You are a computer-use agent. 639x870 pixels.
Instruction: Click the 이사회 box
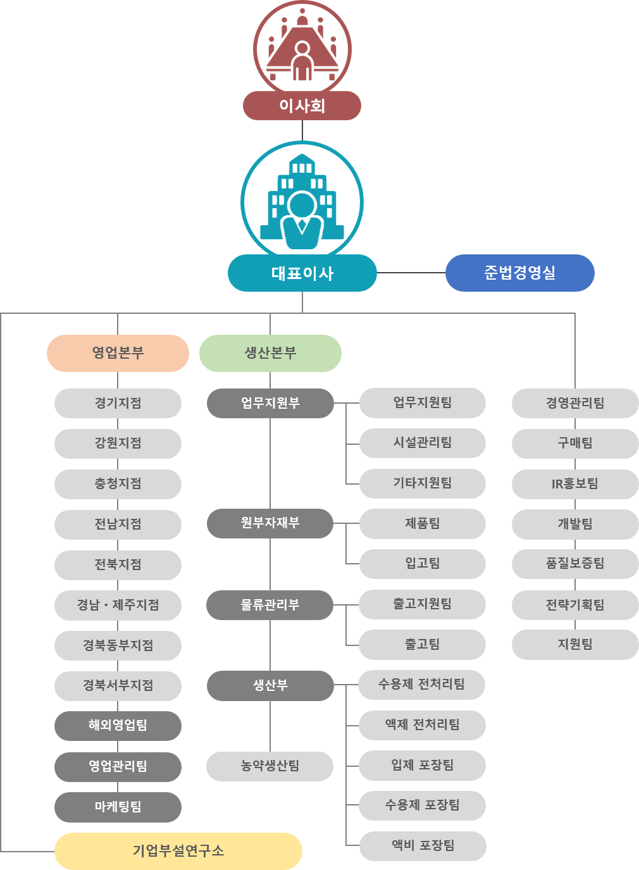click(302, 106)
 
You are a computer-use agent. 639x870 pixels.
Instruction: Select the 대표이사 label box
click(302, 273)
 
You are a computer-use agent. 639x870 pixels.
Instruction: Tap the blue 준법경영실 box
click(520, 273)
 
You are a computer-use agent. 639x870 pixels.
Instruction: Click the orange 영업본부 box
click(118, 353)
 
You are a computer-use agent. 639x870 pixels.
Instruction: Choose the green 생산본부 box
click(270, 353)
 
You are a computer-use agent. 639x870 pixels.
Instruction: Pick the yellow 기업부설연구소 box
click(178, 851)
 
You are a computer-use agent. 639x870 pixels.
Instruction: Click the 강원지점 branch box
click(118, 444)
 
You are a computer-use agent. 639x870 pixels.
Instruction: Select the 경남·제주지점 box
click(118, 605)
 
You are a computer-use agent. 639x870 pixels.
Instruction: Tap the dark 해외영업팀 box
click(118, 726)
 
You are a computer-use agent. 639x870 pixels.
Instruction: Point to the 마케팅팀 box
click(118, 807)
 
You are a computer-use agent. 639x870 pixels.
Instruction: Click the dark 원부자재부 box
click(270, 523)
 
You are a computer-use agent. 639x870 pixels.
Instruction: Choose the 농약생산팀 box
click(270, 766)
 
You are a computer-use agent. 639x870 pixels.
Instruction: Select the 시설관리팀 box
click(422, 443)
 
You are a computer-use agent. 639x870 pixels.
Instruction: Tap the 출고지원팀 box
click(422, 604)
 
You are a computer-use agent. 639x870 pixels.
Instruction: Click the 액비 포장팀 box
click(423, 847)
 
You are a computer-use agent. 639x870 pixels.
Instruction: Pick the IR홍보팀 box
click(575, 484)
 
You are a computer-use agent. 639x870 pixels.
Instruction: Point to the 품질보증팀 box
click(575, 564)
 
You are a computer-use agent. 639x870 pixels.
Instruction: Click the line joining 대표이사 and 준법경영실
click(411, 273)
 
